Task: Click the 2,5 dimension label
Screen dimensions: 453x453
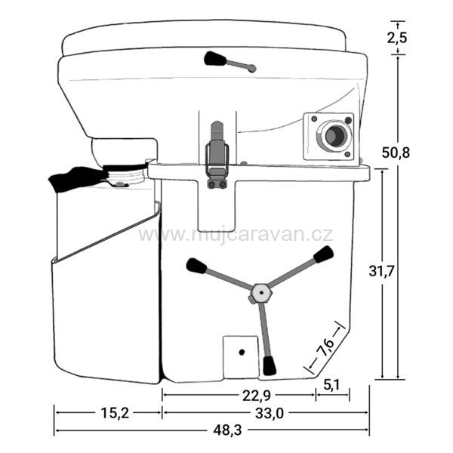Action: click(x=397, y=38)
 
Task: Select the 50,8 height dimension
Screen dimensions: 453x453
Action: click(x=396, y=153)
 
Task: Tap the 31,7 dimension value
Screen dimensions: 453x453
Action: click(x=381, y=271)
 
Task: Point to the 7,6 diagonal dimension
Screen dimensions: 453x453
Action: click(x=325, y=347)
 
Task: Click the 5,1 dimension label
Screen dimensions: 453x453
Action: click(x=331, y=384)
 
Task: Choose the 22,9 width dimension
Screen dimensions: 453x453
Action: click(x=257, y=396)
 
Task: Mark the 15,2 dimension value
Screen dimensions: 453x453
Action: click(x=115, y=413)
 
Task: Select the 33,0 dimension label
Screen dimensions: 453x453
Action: click(x=270, y=414)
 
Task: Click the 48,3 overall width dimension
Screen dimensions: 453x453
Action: click(x=227, y=431)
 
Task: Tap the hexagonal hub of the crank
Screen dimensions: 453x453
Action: click(x=261, y=293)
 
